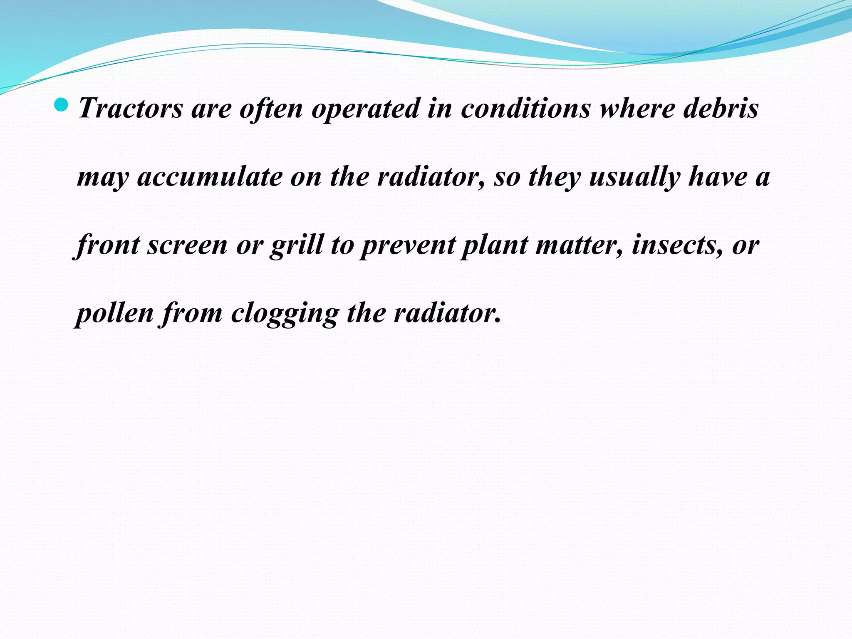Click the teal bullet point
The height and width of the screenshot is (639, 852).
pyautogui.click(x=61, y=105)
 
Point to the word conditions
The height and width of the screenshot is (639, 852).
pyautogui.click(x=526, y=108)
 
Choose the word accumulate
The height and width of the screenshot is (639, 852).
pyautogui.click(x=210, y=177)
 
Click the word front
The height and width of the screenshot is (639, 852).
pyautogui.click(x=107, y=245)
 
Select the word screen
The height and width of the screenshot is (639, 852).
pyautogui.click(x=188, y=245)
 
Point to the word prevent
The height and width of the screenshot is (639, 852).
pyautogui.click(x=408, y=246)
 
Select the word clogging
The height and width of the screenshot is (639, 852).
pyautogui.click(x=285, y=314)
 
